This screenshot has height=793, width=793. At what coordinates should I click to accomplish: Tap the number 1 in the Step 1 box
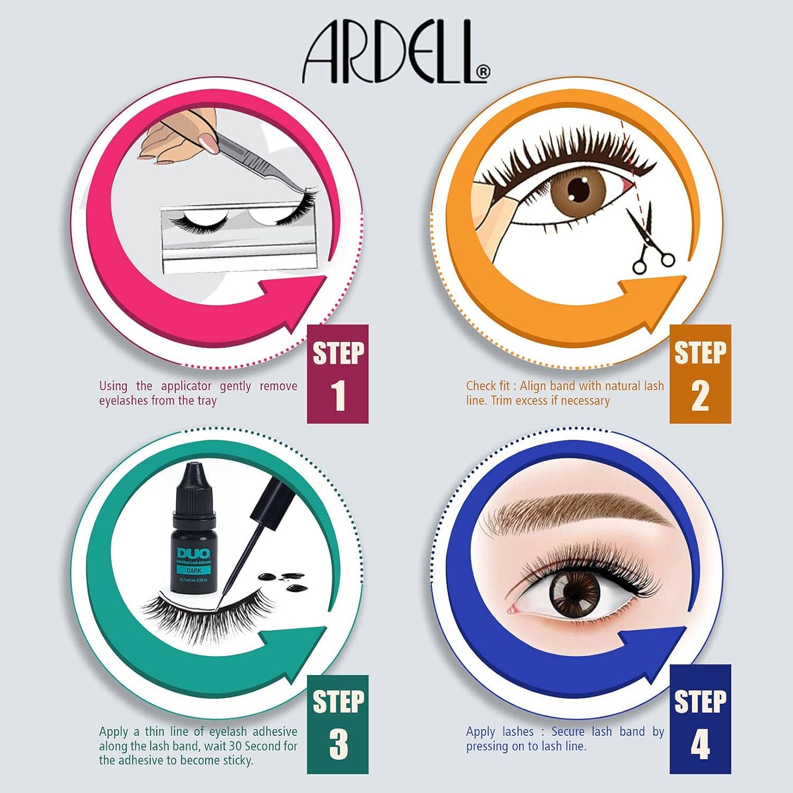point(338,395)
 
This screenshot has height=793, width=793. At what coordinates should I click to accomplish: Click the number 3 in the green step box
point(338,744)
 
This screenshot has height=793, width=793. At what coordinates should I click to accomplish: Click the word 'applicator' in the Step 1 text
point(186,386)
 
